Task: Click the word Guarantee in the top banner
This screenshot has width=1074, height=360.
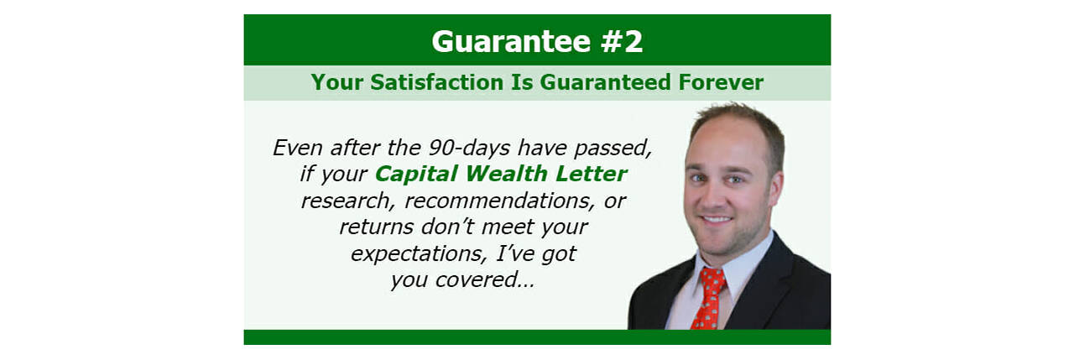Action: pos(511,41)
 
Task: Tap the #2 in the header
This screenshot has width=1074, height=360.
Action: pos(622,41)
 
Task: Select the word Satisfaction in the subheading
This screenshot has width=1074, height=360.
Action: pos(437,82)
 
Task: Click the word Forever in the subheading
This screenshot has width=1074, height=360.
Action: pos(721,82)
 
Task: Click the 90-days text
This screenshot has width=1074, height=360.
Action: pos(469,149)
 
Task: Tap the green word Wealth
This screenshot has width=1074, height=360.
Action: pos(506,174)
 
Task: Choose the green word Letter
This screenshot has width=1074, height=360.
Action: pos(592,174)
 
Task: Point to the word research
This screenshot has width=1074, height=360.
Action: pos(348,201)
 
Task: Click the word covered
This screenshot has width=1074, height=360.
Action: pos(484,280)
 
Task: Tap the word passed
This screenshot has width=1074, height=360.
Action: pos(613,149)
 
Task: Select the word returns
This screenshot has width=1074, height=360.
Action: pos(377,227)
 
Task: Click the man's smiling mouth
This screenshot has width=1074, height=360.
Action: pos(717,220)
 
